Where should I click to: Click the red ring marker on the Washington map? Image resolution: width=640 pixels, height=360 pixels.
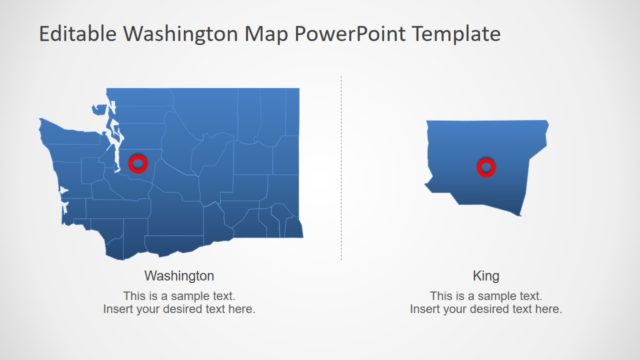[138, 163]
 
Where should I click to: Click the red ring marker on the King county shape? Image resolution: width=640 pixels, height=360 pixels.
[486, 167]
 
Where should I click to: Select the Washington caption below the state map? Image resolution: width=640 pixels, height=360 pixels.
[179, 275]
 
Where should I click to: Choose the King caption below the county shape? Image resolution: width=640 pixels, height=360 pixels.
[486, 275]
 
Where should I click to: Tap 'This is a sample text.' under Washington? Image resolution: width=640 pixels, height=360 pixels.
[179, 296]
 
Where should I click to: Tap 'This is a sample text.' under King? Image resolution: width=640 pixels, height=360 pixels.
[486, 296]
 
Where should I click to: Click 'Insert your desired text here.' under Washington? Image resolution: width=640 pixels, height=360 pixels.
[179, 309]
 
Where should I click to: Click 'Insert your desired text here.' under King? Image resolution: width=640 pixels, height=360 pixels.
[486, 309]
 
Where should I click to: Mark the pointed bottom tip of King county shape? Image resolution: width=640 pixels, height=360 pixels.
[520, 215]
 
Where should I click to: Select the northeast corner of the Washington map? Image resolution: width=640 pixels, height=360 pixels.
[298, 90]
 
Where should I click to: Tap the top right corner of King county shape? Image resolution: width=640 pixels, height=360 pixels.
[548, 122]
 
